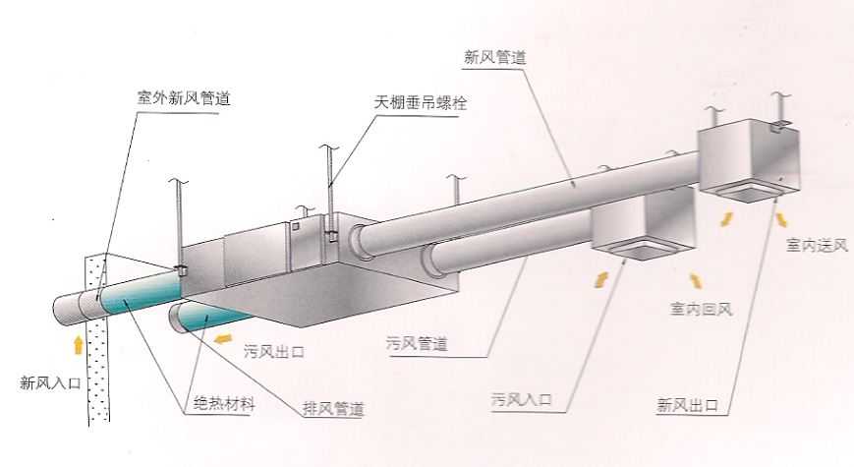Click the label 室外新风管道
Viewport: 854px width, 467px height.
pyautogui.click(x=184, y=98)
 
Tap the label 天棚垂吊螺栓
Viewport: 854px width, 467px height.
pyautogui.click(x=421, y=102)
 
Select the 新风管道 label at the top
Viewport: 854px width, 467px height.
pyautogui.click(x=495, y=57)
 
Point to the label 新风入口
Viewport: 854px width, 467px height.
pyautogui.click(x=50, y=383)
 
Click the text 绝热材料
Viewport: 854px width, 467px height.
pyautogui.click(x=224, y=404)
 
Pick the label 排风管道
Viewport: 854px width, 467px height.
pyautogui.click(x=333, y=408)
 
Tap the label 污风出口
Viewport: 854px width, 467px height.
pyautogui.click(x=274, y=351)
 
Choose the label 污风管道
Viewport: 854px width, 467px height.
pyautogui.click(x=417, y=343)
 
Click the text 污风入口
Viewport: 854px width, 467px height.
pyautogui.click(x=521, y=399)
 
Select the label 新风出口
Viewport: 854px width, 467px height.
pyautogui.click(x=687, y=405)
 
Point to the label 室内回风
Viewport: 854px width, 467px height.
pyautogui.click(x=701, y=309)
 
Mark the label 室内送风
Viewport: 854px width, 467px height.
pyautogui.click(x=817, y=245)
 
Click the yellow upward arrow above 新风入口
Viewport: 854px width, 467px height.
pyautogui.click(x=79, y=345)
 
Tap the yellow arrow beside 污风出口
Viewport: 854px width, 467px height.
pyautogui.click(x=223, y=338)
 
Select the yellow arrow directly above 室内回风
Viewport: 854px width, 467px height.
pyautogui.click(x=695, y=280)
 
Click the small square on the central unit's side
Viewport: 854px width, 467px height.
pyautogui.click(x=295, y=225)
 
